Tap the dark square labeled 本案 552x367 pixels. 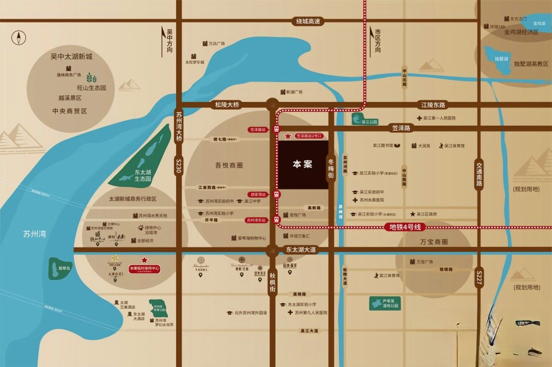point(302,164)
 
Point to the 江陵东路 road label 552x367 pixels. point(433,105)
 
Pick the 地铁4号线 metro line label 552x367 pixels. point(405,226)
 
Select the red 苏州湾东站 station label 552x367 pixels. point(256,220)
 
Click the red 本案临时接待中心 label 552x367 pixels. point(144,269)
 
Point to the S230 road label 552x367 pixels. point(178,167)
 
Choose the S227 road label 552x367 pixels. point(479,277)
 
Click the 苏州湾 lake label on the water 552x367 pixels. point(34,234)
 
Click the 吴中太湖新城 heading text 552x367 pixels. point(71,56)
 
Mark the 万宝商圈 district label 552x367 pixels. point(433,242)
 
